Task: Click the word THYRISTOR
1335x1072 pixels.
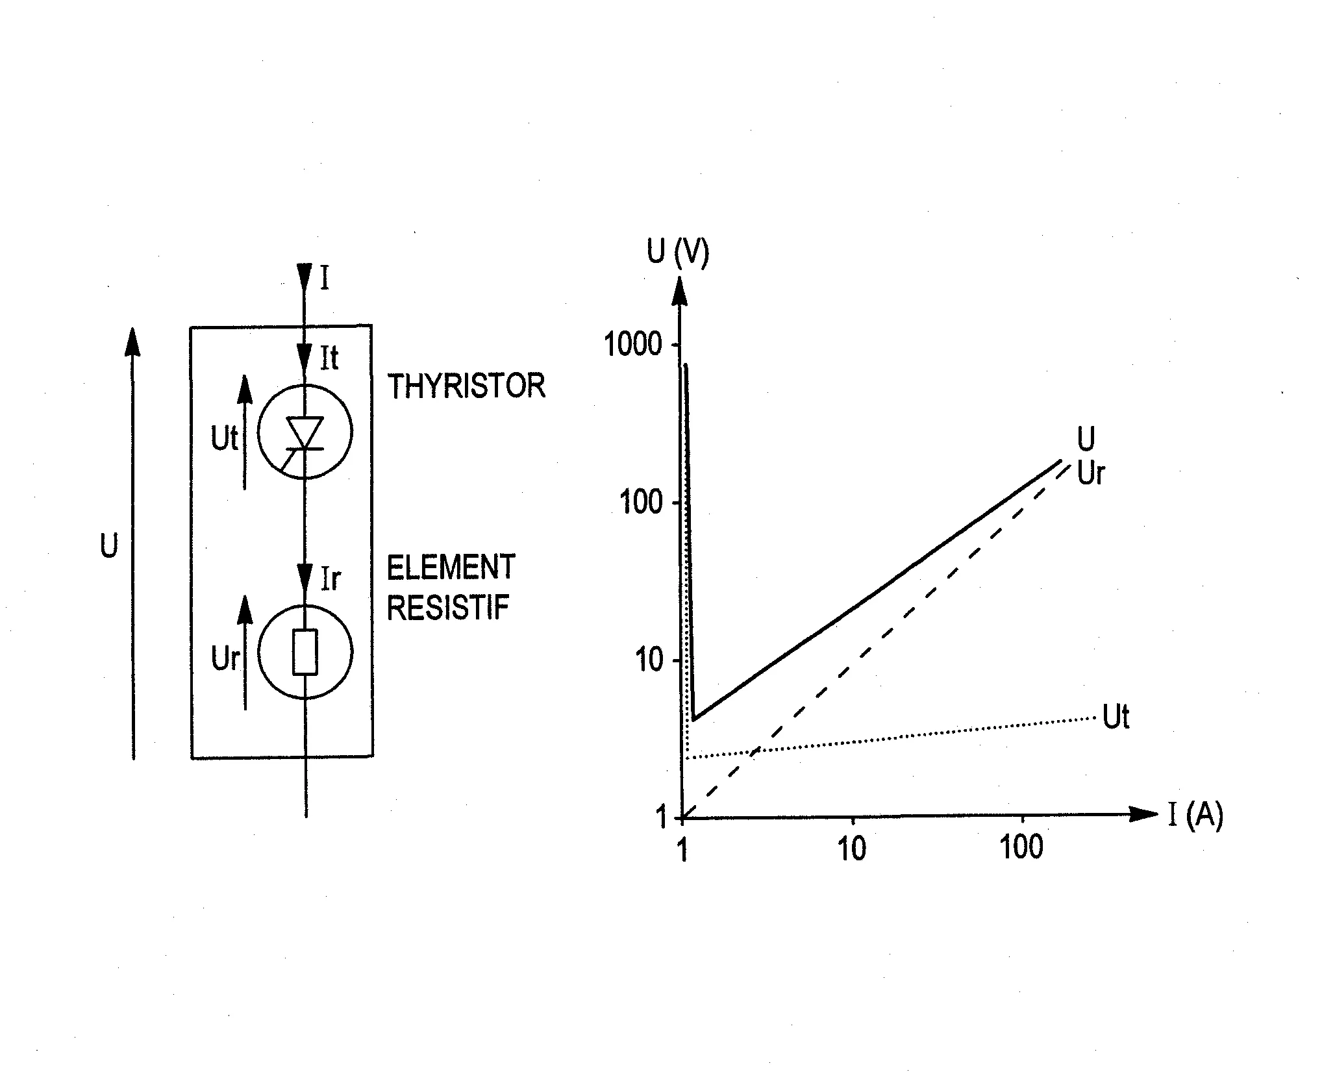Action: tap(466, 386)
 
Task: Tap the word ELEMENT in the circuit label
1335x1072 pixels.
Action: tap(451, 567)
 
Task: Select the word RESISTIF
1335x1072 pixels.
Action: tap(448, 608)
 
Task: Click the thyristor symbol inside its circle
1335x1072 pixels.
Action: tap(305, 435)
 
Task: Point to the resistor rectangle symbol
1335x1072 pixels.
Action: tap(305, 652)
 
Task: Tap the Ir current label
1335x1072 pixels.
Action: tap(331, 578)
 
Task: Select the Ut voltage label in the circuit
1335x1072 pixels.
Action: tap(225, 439)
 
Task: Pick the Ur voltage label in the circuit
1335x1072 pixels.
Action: tap(225, 659)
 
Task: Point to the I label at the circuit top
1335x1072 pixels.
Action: tap(325, 278)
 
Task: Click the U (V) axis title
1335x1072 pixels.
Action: tap(679, 252)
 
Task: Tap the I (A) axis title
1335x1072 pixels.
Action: tap(1195, 815)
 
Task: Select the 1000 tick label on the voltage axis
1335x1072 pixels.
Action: tap(633, 344)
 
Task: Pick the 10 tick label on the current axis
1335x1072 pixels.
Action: tap(852, 848)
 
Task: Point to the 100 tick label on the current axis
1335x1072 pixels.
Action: tap(1022, 848)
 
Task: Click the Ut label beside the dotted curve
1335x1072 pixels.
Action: tap(1116, 717)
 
